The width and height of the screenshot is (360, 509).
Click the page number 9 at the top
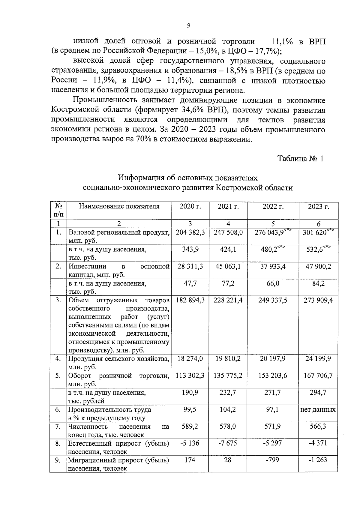188,26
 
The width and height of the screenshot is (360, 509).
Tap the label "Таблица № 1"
300,159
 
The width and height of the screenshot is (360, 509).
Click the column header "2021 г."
228,206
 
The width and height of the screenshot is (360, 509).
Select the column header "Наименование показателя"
119,206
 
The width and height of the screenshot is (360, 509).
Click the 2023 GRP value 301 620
314,232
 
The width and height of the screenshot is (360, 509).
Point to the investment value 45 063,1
228,266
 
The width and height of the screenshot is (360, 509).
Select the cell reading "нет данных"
318,409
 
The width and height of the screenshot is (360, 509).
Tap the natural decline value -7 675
228,443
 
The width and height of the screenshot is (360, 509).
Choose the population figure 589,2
190,426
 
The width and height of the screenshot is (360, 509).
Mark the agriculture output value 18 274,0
190,359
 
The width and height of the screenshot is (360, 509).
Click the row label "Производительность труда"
109,409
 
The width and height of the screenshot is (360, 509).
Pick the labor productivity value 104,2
228,409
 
